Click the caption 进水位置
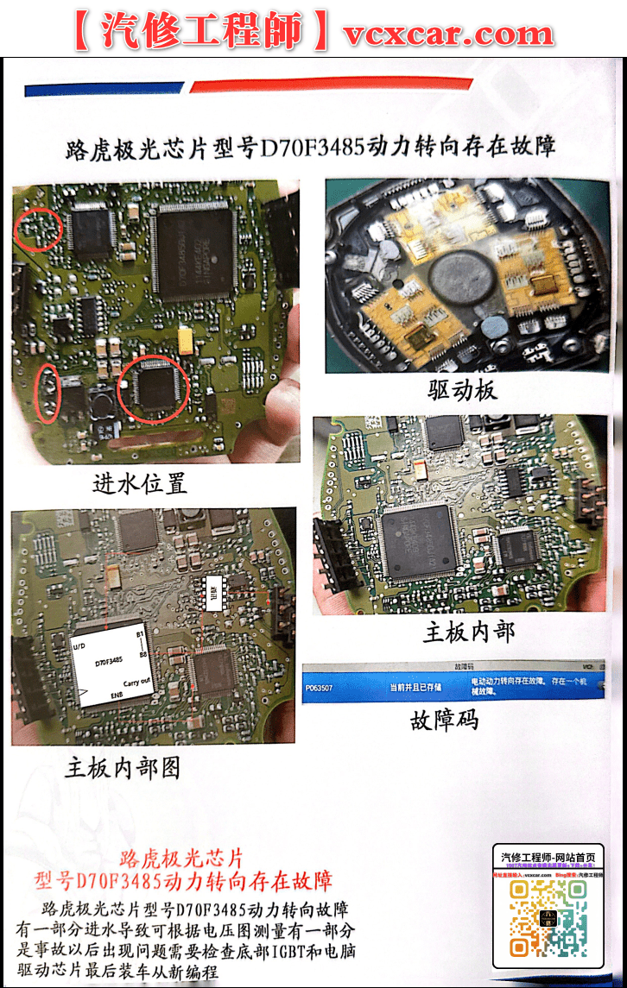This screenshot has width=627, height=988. tap(140, 482)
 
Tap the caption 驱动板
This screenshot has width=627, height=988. tap(463, 390)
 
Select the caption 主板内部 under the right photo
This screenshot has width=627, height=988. tap(469, 632)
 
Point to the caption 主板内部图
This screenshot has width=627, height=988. tap(123, 766)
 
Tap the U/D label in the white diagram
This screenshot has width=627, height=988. tap(79, 645)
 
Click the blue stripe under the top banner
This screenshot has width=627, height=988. tap(104, 89)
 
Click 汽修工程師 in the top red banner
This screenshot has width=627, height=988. tap(200, 32)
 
